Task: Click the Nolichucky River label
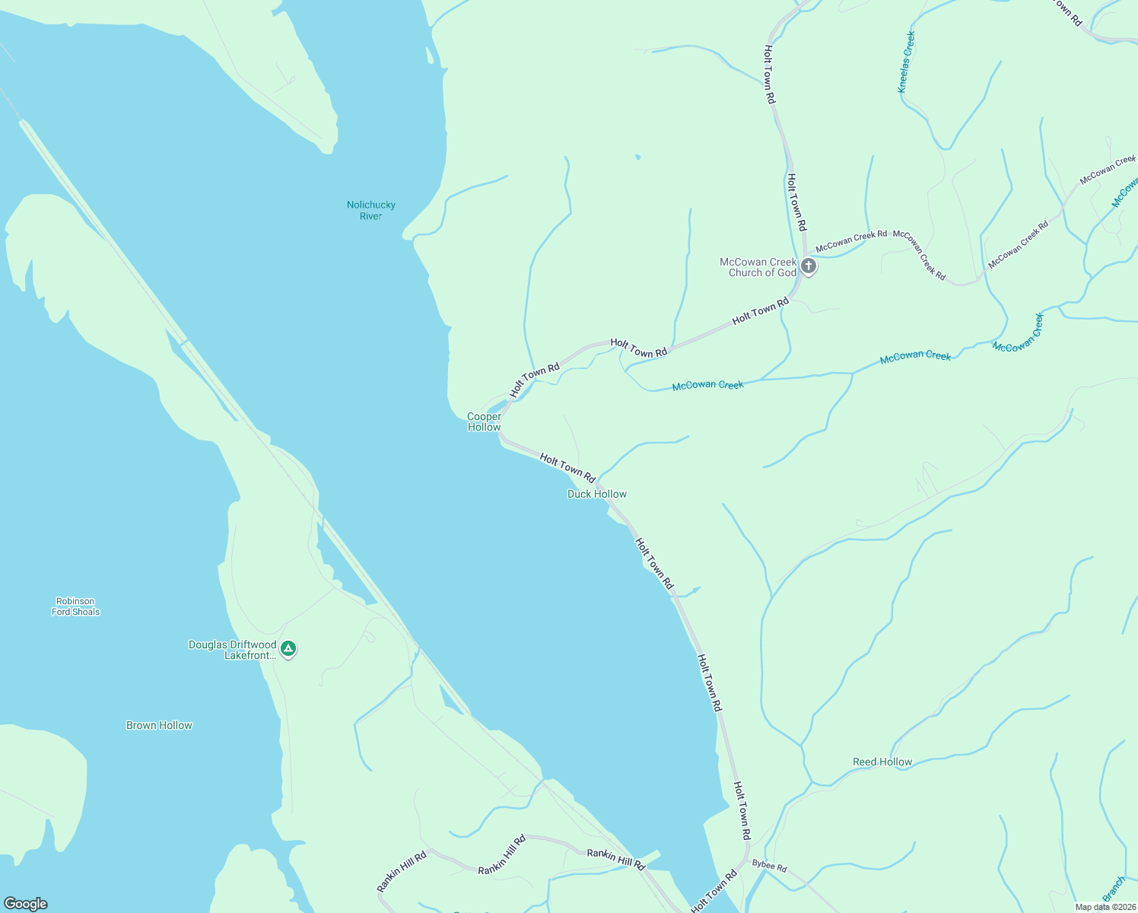(x=370, y=210)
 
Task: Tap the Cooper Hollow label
(x=484, y=422)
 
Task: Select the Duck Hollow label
(x=597, y=494)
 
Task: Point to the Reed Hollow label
(x=882, y=762)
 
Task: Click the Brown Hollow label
(x=159, y=725)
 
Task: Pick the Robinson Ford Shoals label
(x=75, y=606)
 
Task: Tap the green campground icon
(x=288, y=649)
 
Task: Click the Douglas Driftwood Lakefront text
(x=233, y=650)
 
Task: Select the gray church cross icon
(x=809, y=266)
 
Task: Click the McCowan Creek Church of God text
(x=758, y=267)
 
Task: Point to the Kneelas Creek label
(x=907, y=62)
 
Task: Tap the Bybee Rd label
(x=769, y=866)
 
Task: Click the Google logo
(x=25, y=904)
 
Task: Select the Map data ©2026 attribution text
(x=1105, y=906)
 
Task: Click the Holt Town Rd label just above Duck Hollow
(x=567, y=467)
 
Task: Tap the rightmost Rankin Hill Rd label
(x=615, y=859)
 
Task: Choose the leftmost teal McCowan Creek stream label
(x=707, y=386)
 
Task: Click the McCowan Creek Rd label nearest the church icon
(x=851, y=241)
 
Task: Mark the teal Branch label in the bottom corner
(x=1114, y=889)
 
